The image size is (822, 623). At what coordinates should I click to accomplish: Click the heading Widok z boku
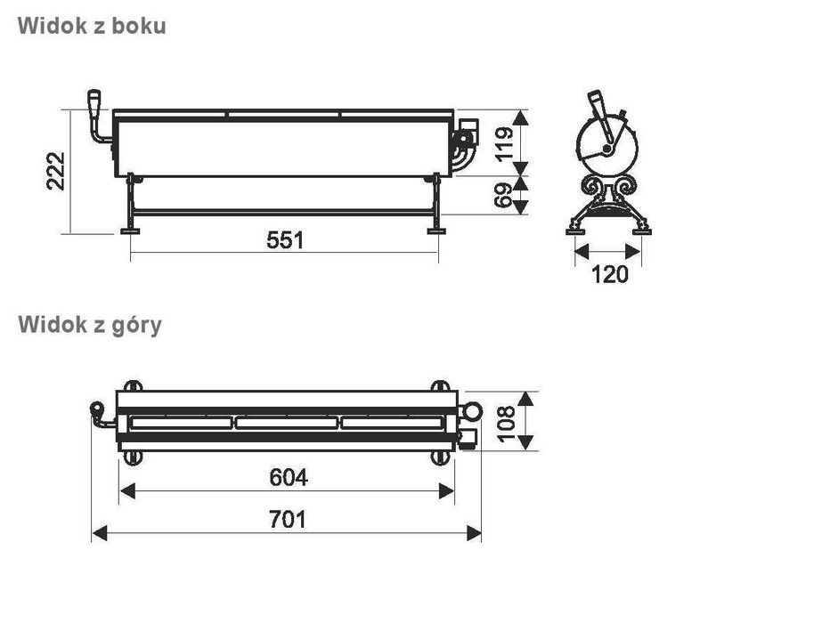tap(91, 26)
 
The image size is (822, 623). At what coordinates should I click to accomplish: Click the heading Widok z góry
tap(90, 325)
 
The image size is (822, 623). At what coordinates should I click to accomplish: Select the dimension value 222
tap(55, 171)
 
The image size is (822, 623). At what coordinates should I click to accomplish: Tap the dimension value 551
tap(285, 240)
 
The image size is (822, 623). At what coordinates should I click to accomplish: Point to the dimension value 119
tap(504, 142)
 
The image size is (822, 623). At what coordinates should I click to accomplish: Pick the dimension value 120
tap(609, 274)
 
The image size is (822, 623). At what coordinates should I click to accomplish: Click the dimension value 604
tap(288, 478)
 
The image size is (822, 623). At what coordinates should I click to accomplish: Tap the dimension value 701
tap(287, 519)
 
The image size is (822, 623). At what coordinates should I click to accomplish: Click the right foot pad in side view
tap(436, 231)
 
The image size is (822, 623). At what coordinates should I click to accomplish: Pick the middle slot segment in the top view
tap(287, 423)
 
